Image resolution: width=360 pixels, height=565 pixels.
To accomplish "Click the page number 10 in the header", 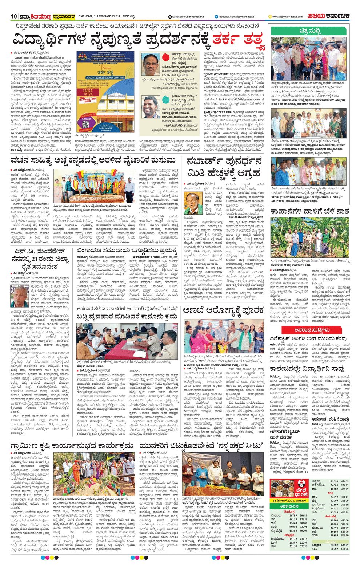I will pos(14,16).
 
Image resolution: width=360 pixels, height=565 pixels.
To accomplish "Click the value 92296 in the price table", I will pos(303,527).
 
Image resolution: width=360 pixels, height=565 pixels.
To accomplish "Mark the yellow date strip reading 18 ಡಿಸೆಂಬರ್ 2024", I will pos(289,501).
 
